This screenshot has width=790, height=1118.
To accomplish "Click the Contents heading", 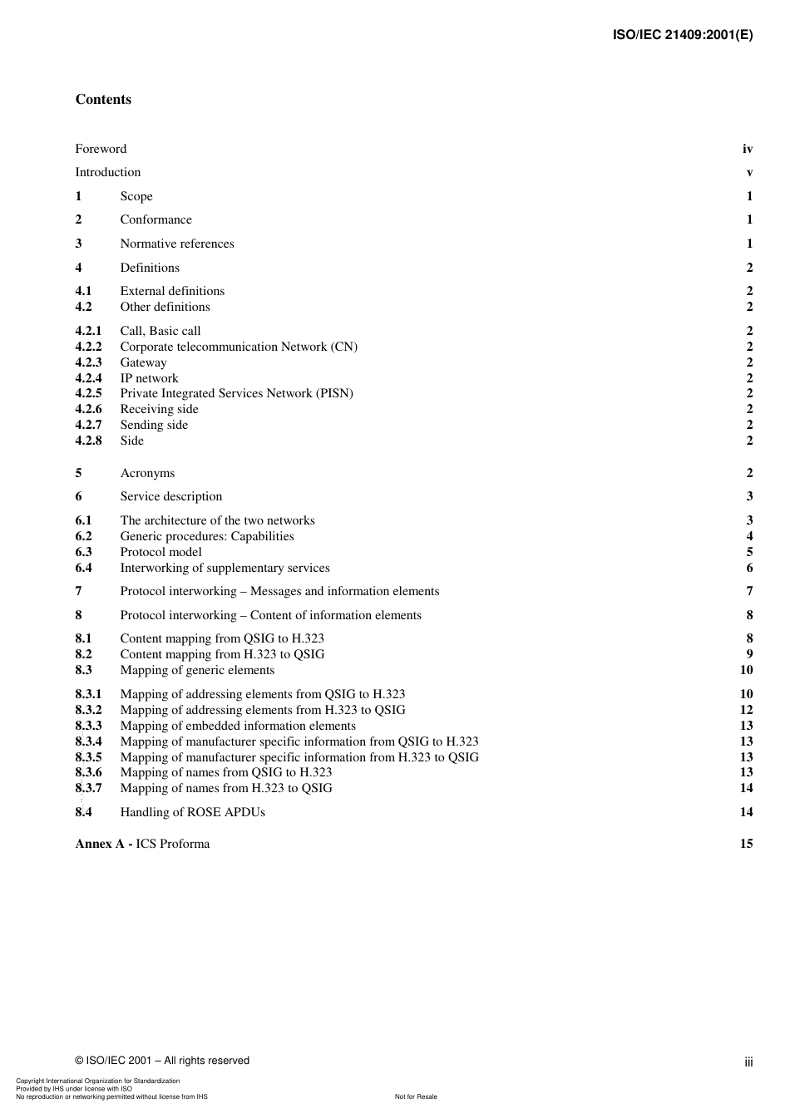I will coord(103,100).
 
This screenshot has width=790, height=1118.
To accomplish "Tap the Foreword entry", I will coord(101,149).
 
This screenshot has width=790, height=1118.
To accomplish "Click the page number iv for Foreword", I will coord(747,149).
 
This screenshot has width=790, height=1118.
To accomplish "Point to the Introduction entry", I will coord(108,172).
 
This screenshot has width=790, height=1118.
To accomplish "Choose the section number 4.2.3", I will coord(88,362).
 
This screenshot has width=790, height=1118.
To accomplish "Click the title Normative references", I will coord(177,244).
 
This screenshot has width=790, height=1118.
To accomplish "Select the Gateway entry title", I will coord(143,362).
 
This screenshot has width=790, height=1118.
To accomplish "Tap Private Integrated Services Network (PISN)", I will coord(236,393).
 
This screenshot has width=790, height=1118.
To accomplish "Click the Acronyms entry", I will coord(147,473).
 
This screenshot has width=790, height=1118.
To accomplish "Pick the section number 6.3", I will coord(83,552).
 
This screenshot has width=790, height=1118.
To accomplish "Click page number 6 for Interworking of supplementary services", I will coord(749,568).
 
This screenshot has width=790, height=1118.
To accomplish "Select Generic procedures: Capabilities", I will coord(207,536).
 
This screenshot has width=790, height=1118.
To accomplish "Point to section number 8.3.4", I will coord(88,741).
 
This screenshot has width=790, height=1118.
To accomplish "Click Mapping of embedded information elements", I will coord(238,726).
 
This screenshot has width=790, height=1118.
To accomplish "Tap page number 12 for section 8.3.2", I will coord(746,710).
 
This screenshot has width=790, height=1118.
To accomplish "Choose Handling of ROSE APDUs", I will coord(192,812).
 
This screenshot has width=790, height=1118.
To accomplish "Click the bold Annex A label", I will coord(104,844).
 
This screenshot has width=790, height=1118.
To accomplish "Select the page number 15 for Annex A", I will coord(746,844).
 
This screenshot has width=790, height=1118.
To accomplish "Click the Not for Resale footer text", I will coord(416,1096).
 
